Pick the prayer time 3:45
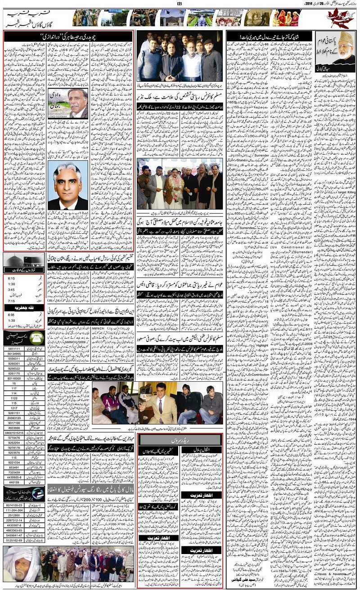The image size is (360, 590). tap(11, 290)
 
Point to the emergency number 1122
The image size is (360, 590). tap(14, 398)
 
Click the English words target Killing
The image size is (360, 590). tap(341, 192)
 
